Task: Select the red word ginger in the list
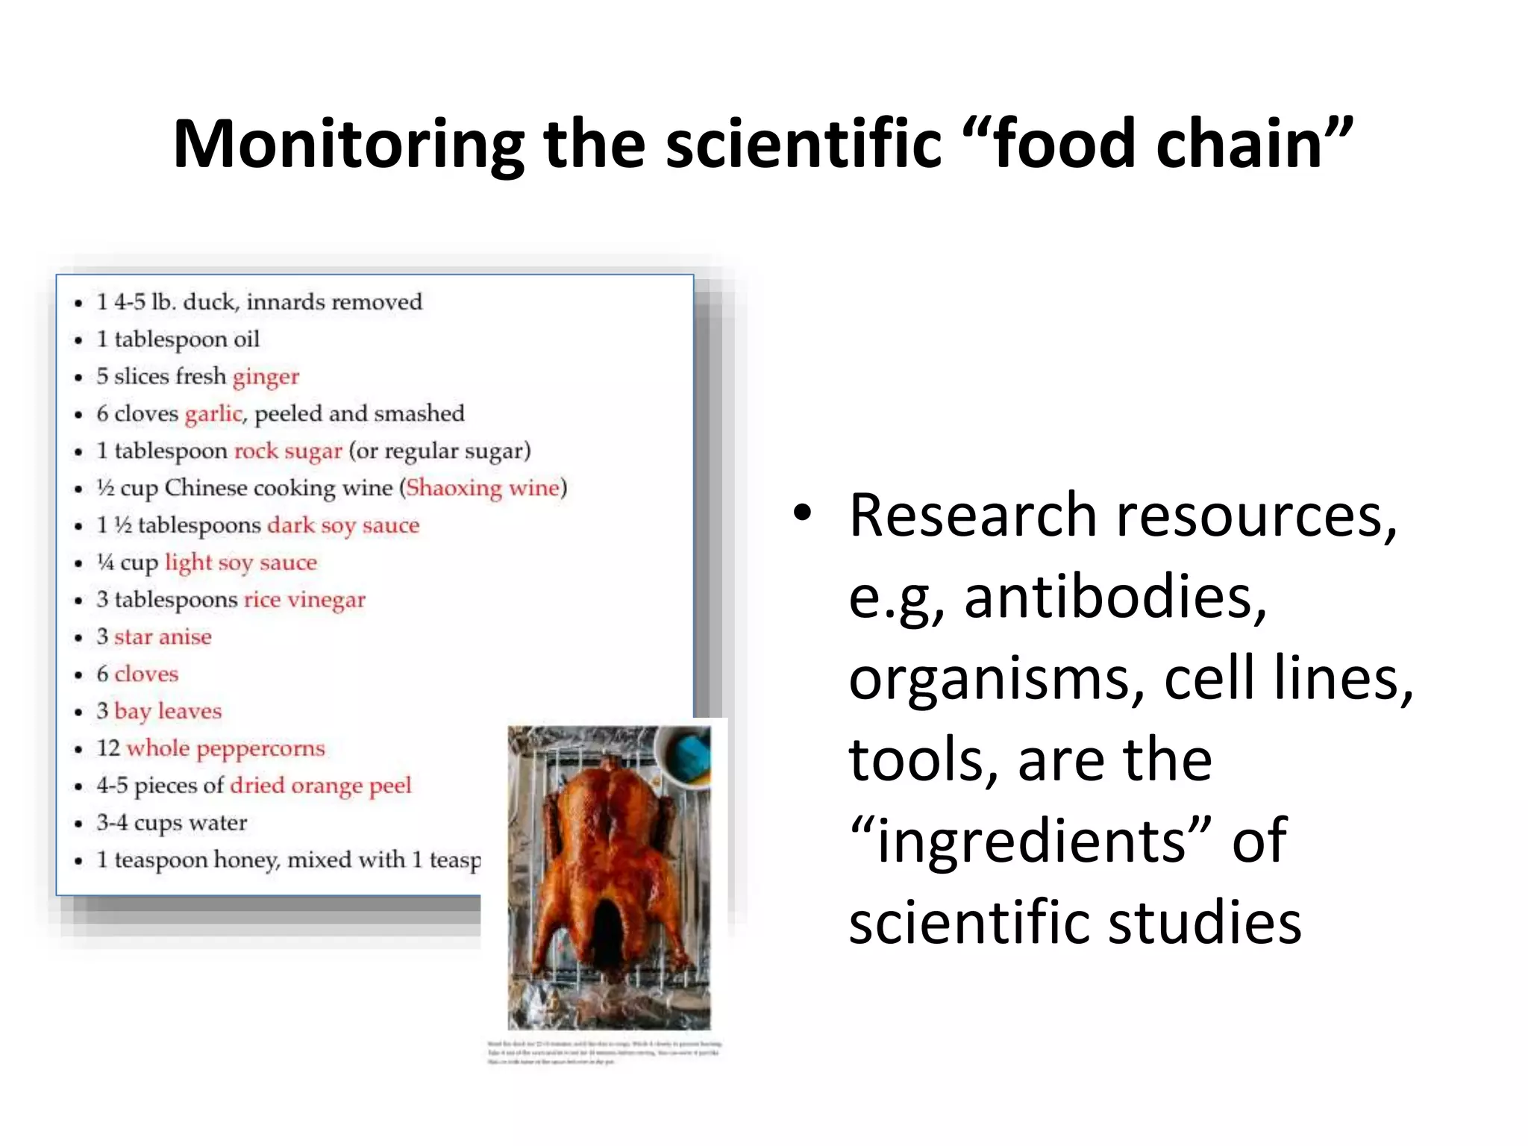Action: click(266, 377)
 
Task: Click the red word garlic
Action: click(214, 413)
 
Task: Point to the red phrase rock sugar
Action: click(288, 451)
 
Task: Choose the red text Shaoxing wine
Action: click(483, 488)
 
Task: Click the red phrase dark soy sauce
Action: click(343, 525)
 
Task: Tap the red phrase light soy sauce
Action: click(241, 562)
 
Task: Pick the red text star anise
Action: click(163, 636)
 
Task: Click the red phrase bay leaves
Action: click(168, 711)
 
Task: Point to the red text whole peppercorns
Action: click(226, 748)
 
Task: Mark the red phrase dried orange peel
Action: click(321, 786)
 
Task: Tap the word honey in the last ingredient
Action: click(247, 859)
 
